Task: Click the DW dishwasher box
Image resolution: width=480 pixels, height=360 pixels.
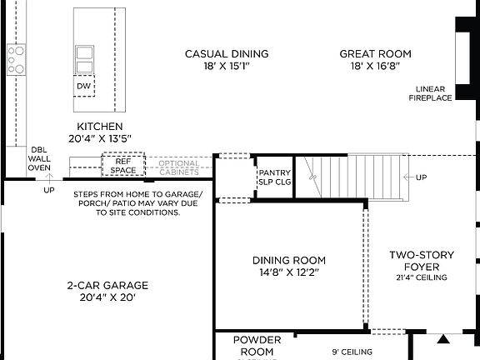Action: point(84,86)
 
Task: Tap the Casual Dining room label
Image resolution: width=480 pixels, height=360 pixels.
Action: point(227,54)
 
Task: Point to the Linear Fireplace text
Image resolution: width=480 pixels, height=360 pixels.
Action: point(430,93)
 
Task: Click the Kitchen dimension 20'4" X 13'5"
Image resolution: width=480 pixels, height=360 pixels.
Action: point(99,138)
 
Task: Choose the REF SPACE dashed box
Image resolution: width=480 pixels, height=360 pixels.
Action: point(123,165)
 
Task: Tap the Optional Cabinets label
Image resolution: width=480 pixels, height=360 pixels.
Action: point(178,168)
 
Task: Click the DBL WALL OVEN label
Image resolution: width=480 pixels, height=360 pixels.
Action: point(39,158)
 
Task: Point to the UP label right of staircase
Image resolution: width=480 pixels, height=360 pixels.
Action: point(421,177)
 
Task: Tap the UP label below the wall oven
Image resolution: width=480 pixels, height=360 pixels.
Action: point(49,190)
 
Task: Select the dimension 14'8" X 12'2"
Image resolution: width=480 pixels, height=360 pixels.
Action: point(289,272)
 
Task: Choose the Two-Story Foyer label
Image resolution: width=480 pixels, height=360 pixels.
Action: point(423,261)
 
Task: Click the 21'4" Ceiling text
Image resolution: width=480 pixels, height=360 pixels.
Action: point(423,277)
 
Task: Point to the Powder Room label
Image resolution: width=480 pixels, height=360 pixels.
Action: point(257,345)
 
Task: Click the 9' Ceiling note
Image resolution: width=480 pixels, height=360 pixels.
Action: point(351,352)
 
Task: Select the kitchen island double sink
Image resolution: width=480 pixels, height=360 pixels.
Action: point(84,59)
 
